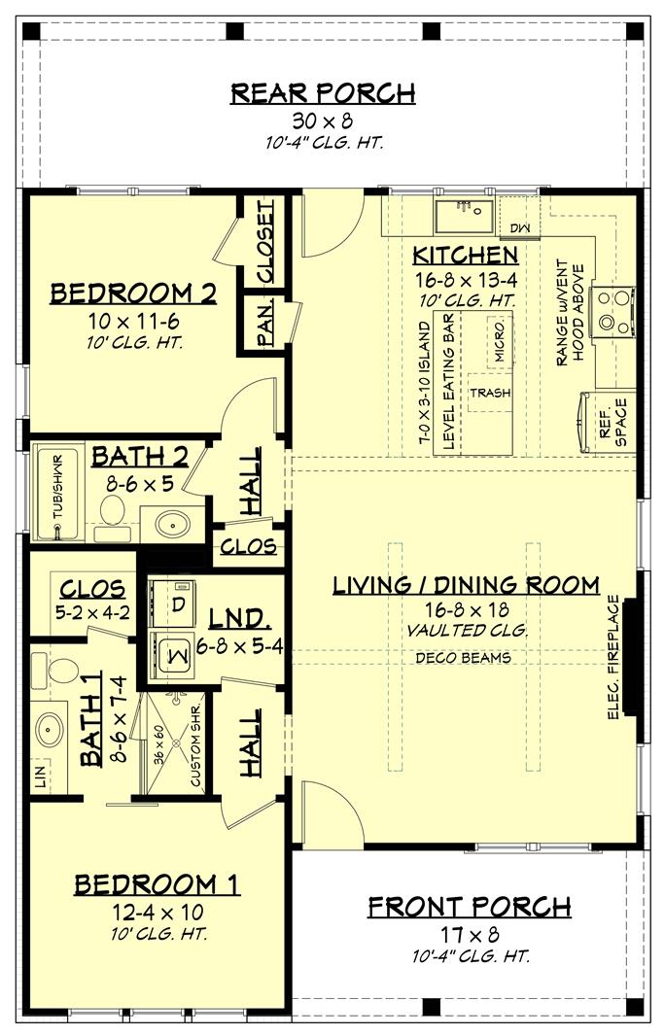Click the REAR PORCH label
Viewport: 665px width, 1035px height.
point(323,93)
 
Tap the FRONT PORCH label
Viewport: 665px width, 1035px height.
point(469,907)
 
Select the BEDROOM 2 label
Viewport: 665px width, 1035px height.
point(133,293)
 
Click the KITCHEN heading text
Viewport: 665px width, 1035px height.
point(465,256)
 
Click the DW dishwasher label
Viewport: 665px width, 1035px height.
point(518,227)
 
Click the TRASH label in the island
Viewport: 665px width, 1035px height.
point(490,393)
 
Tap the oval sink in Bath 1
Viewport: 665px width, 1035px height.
point(47,729)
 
